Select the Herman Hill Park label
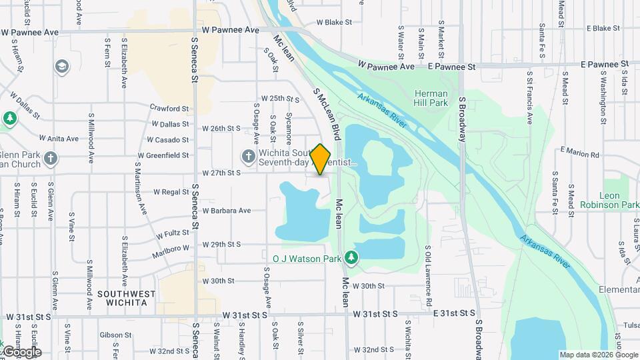pos(431,99)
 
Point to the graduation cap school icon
pos(62,67)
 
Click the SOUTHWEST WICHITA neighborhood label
pos(126,298)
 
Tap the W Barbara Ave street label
pos(226,211)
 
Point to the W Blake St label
pos(334,22)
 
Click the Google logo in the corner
pos(22,352)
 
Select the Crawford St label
pos(169,109)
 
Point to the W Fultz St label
pos(173,235)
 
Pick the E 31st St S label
pos(454,313)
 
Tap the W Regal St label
pos(171,192)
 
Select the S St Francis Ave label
pos(530,98)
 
